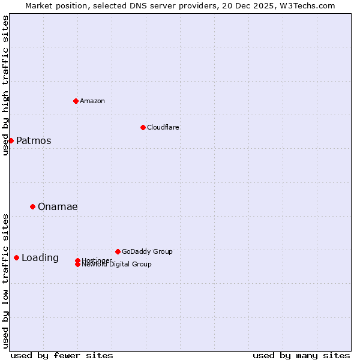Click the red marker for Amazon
(76, 101)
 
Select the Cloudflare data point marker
(143, 127)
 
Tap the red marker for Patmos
(11, 140)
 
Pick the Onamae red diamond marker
(32, 206)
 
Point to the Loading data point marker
(16, 257)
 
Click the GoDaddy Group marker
(118, 251)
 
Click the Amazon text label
(92, 101)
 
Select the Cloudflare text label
(163, 127)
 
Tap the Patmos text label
(34, 141)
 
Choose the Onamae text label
(58, 207)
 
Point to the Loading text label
(40, 258)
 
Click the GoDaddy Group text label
(147, 251)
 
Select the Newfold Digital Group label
(117, 265)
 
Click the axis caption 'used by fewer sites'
(62, 355)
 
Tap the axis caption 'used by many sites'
(301, 355)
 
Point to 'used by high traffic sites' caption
(5, 85)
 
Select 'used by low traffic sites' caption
(5, 280)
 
